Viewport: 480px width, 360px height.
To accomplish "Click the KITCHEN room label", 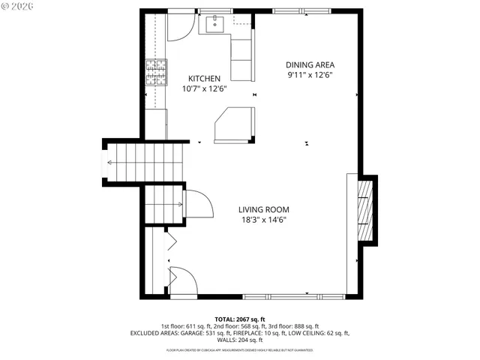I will pos(204,78).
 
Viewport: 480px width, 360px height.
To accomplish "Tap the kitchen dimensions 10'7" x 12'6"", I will pos(204,88).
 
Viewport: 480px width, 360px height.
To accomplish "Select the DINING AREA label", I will pos(310,64).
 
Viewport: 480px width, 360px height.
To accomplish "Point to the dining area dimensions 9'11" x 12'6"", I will pos(310,75).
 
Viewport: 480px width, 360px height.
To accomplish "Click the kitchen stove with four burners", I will pos(156,73).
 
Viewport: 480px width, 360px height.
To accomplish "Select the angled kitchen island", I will pos(235,124).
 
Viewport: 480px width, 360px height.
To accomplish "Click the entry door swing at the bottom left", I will pos(183,279).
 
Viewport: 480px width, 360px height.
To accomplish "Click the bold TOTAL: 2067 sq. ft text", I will pos(240,319).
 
